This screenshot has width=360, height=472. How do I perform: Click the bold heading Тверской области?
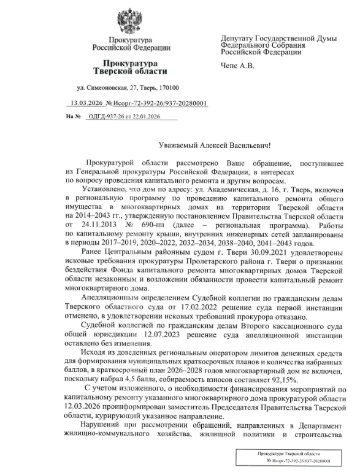(129, 72)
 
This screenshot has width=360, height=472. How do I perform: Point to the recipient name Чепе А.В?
(236, 66)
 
